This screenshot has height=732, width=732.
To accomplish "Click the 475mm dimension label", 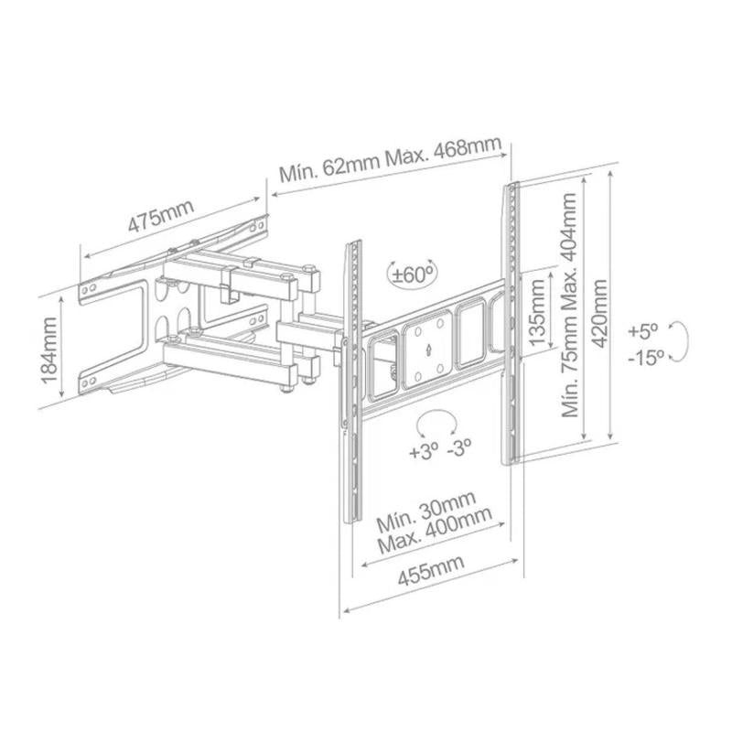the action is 161,216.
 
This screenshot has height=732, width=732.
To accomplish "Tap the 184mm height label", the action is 49,350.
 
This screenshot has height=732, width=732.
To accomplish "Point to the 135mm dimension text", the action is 537,312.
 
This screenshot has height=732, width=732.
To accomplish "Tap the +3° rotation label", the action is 425,451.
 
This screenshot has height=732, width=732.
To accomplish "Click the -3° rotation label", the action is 459,447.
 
